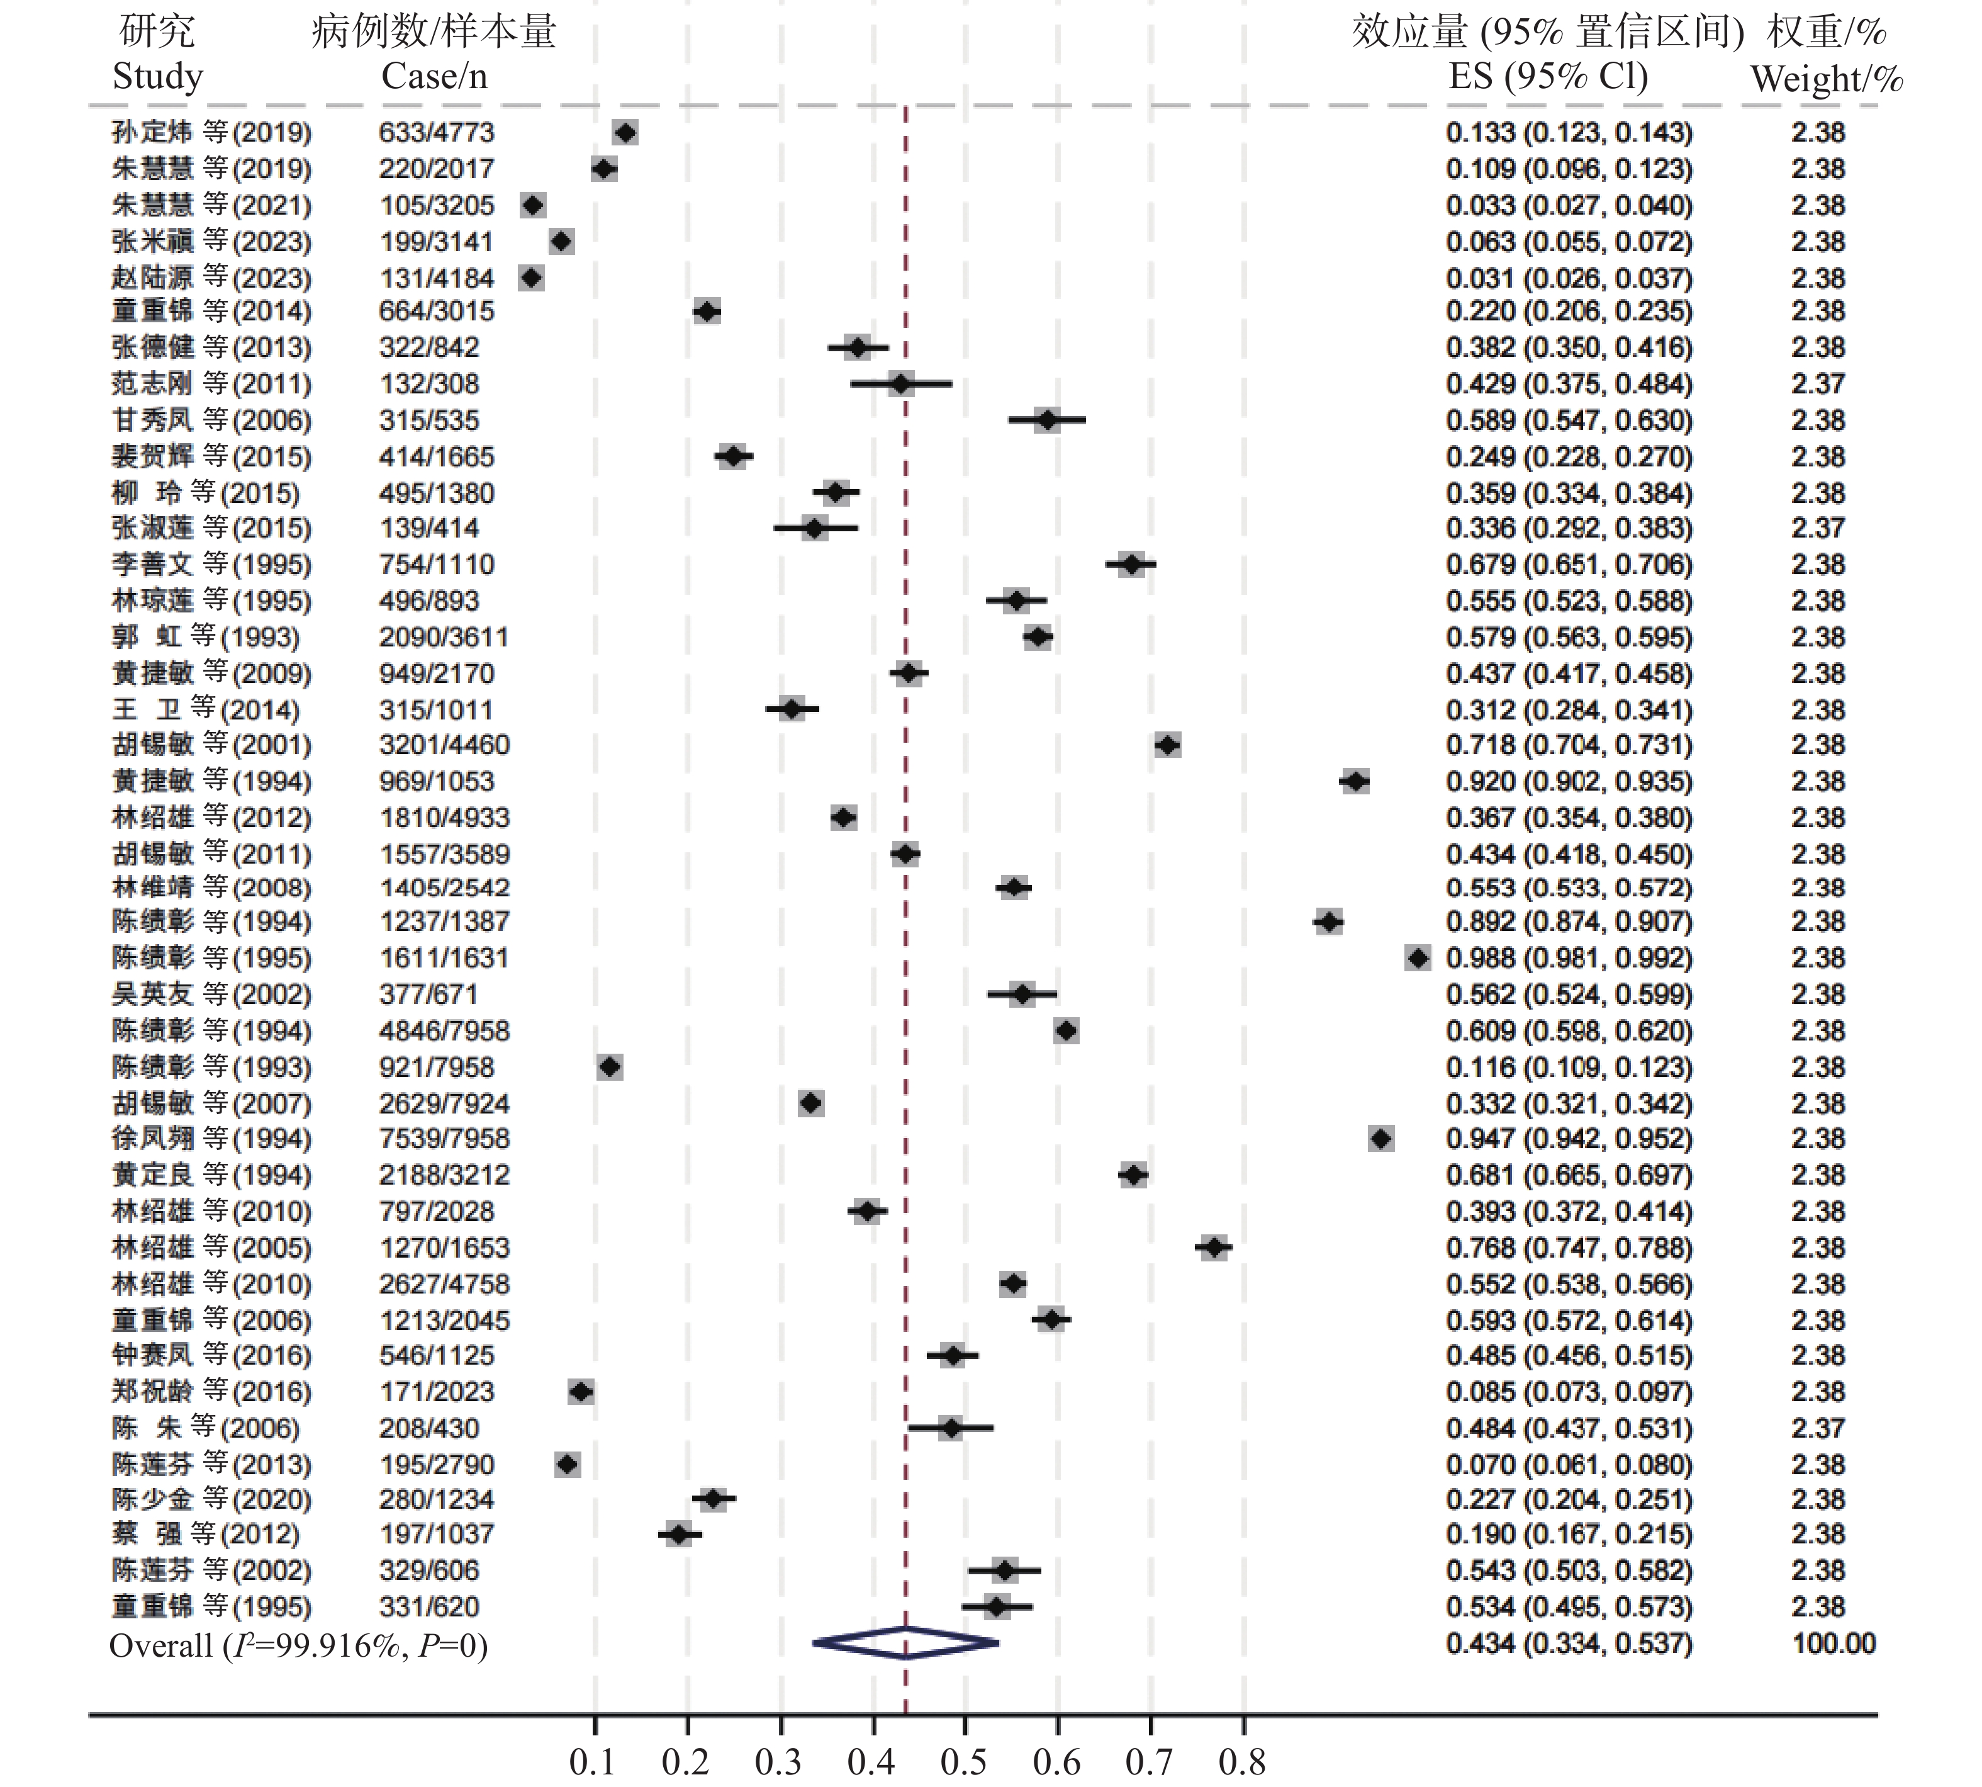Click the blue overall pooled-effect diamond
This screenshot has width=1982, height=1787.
(x=905, y=1643)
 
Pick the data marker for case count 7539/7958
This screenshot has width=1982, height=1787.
(x=1381, y=1139)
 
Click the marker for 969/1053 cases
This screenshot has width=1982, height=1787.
(x=1355, y=782)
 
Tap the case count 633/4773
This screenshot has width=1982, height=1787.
(x=437, y=133)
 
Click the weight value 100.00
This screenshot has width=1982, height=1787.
(x=1834, y=1643)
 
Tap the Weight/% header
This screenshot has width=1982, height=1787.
(x=1826, y=79)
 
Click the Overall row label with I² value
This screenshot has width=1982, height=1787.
(x=298, y=1645)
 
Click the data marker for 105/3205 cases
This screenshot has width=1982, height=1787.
(x=533, y=205)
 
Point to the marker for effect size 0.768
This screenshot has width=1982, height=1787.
(x=1214, y=1248)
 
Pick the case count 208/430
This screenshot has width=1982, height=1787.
(x=429, y=1429)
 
